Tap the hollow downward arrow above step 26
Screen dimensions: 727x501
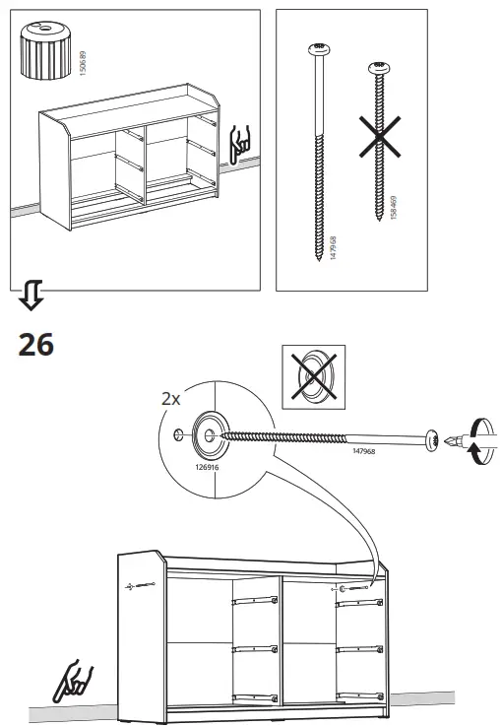click(x=31, y=294)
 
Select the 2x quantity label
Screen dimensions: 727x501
click(x=171, y=399)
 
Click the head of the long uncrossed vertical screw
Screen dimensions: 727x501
click(x=317, y=48)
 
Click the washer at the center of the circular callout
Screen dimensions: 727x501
click(x=209, y=433)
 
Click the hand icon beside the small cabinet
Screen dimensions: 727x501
click(x=240, y=145)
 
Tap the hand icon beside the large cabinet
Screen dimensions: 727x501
click(x=76, y=682)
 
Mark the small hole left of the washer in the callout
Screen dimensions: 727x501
click(x=177, y=434)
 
